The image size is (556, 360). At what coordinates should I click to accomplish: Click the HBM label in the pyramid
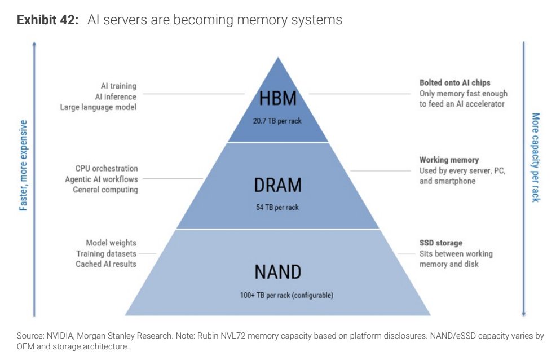277,98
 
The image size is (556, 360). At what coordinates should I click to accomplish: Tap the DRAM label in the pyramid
277,185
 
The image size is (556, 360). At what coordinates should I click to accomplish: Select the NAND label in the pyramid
277,272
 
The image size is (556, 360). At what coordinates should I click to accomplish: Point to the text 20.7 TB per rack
277,121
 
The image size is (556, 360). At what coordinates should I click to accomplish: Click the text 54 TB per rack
277,207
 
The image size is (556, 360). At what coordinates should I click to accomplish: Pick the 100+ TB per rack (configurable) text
286,295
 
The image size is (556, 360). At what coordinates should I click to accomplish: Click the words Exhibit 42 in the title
47,20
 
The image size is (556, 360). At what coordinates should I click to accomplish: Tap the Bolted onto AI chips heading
455,82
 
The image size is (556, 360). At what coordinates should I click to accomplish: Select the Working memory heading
449,160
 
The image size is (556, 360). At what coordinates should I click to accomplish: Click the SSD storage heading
441,243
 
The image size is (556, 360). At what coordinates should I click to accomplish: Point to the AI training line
118,86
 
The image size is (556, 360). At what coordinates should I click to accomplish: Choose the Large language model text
98,107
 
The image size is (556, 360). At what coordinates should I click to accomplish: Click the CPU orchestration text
107,169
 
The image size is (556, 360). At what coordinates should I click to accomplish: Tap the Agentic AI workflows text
102,179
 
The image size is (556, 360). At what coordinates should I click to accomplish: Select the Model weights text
111,243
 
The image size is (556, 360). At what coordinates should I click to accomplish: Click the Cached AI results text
106,264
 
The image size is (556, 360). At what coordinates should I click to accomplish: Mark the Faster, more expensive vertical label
23,165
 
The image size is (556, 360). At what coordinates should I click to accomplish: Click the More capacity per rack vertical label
536,157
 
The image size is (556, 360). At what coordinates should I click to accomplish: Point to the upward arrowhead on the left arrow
34,44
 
